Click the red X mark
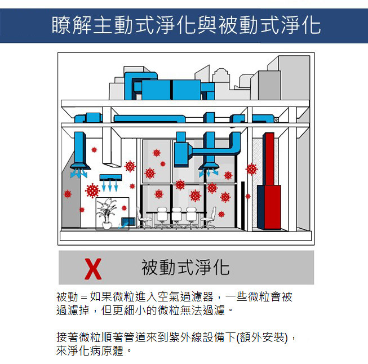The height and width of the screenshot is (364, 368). pyautogui.click(x=93, y=269)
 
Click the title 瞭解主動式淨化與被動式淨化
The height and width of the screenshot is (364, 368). pyautogui.click(x=186, y=25)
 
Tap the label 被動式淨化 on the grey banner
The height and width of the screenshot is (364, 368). pyautogui.click(x=185, y=267)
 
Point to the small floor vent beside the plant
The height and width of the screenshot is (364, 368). pyautogui.click(x=128, y=222)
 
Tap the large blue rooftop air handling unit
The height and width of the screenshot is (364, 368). pyautogui.click(x=171, y=90)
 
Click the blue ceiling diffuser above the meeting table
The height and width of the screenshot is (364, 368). pyautogui.click(x=209, y=166)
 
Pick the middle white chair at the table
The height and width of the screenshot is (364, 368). pyautogui.click(x=177, y=217)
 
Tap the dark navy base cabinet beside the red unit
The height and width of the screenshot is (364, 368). pyautogui.click(x=261, y=207)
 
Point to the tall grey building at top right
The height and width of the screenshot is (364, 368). pyautogui.click(x=295, y=77)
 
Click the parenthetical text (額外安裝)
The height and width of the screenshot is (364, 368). pyautogui.click(x=262, y=338)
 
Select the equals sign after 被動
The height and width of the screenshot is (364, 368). pyautogui.click(x=84, y=297)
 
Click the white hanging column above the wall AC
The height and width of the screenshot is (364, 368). pyautogui.click(x=112, y=147)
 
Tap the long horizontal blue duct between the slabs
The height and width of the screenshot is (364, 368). pyautogui.click(x=149, y=118)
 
